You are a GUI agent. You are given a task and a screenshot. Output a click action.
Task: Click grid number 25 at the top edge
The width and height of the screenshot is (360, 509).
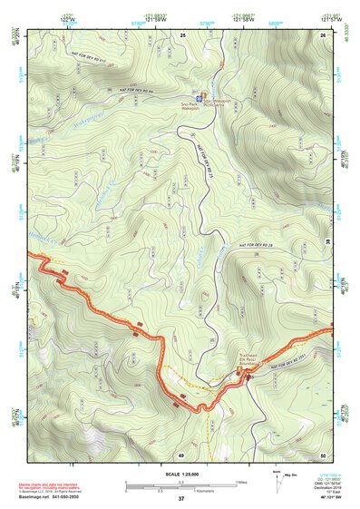pyautogui.click(x=182, y=34)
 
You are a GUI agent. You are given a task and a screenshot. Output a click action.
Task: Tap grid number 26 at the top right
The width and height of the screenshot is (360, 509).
pyautogui.click(x=322, y=34)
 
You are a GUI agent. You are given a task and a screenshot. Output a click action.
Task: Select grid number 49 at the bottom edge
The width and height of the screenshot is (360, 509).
pyautogui.click(x=181, y=454)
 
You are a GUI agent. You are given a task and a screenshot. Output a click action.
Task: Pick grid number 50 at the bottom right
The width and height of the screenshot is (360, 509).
pyautogui.click(x=322, y=454)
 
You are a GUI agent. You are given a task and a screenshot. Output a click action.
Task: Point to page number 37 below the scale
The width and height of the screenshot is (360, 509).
pyautogui.click(x=181, y=499)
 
